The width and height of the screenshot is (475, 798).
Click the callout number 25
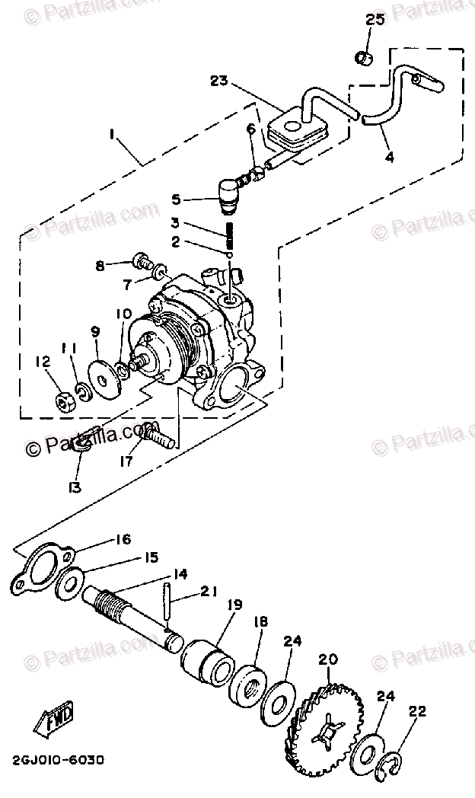(375, 20)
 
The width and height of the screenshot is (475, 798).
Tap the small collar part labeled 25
(364, 57)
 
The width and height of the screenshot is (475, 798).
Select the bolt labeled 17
(159, 437)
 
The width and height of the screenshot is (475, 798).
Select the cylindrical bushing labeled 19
(207, 656)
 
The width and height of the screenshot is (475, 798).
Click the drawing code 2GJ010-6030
(58, 760)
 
